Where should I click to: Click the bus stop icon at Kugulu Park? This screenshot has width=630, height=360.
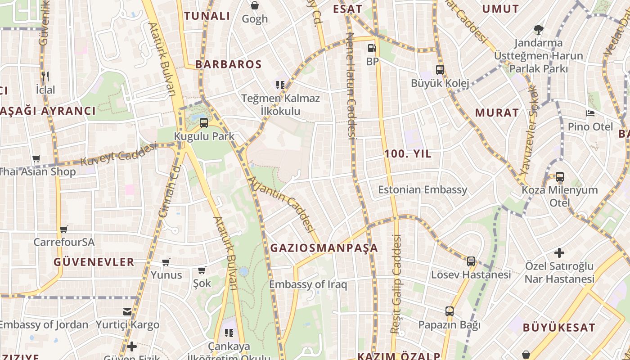[x=204, y=122]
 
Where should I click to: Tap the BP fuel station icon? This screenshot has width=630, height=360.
[x=372, y=48]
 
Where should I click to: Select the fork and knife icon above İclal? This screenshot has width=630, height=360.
[x=45, y=76]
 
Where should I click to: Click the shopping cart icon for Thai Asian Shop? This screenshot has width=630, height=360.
[x=36, y=158]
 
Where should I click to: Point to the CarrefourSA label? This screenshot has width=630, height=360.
[x=64, y=242]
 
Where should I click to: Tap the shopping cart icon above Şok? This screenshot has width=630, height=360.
[x=202, y=270]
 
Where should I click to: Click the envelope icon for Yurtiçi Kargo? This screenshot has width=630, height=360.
[x=127, y=311]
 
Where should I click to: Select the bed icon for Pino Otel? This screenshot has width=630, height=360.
[x=590, y=113]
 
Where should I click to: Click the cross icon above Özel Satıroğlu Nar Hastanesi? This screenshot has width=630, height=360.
[x=559, y=253]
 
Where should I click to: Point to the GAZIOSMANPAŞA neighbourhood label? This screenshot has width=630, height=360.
[x=324, y=248]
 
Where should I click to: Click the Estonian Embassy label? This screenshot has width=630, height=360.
[x=423, y=189]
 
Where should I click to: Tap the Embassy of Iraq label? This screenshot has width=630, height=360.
[x=308, y=284]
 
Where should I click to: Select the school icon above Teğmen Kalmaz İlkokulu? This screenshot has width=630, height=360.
[x=280, y=85]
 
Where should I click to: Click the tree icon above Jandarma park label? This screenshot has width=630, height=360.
[x=538, y=30]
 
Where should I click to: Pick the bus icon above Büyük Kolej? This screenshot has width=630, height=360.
[x=440, y=70]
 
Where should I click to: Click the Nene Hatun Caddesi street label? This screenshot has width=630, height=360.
[x=351, y=85]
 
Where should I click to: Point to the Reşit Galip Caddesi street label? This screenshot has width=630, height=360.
[x=396, y=283]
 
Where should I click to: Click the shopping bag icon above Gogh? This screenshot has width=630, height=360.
[x=255, y=5]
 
